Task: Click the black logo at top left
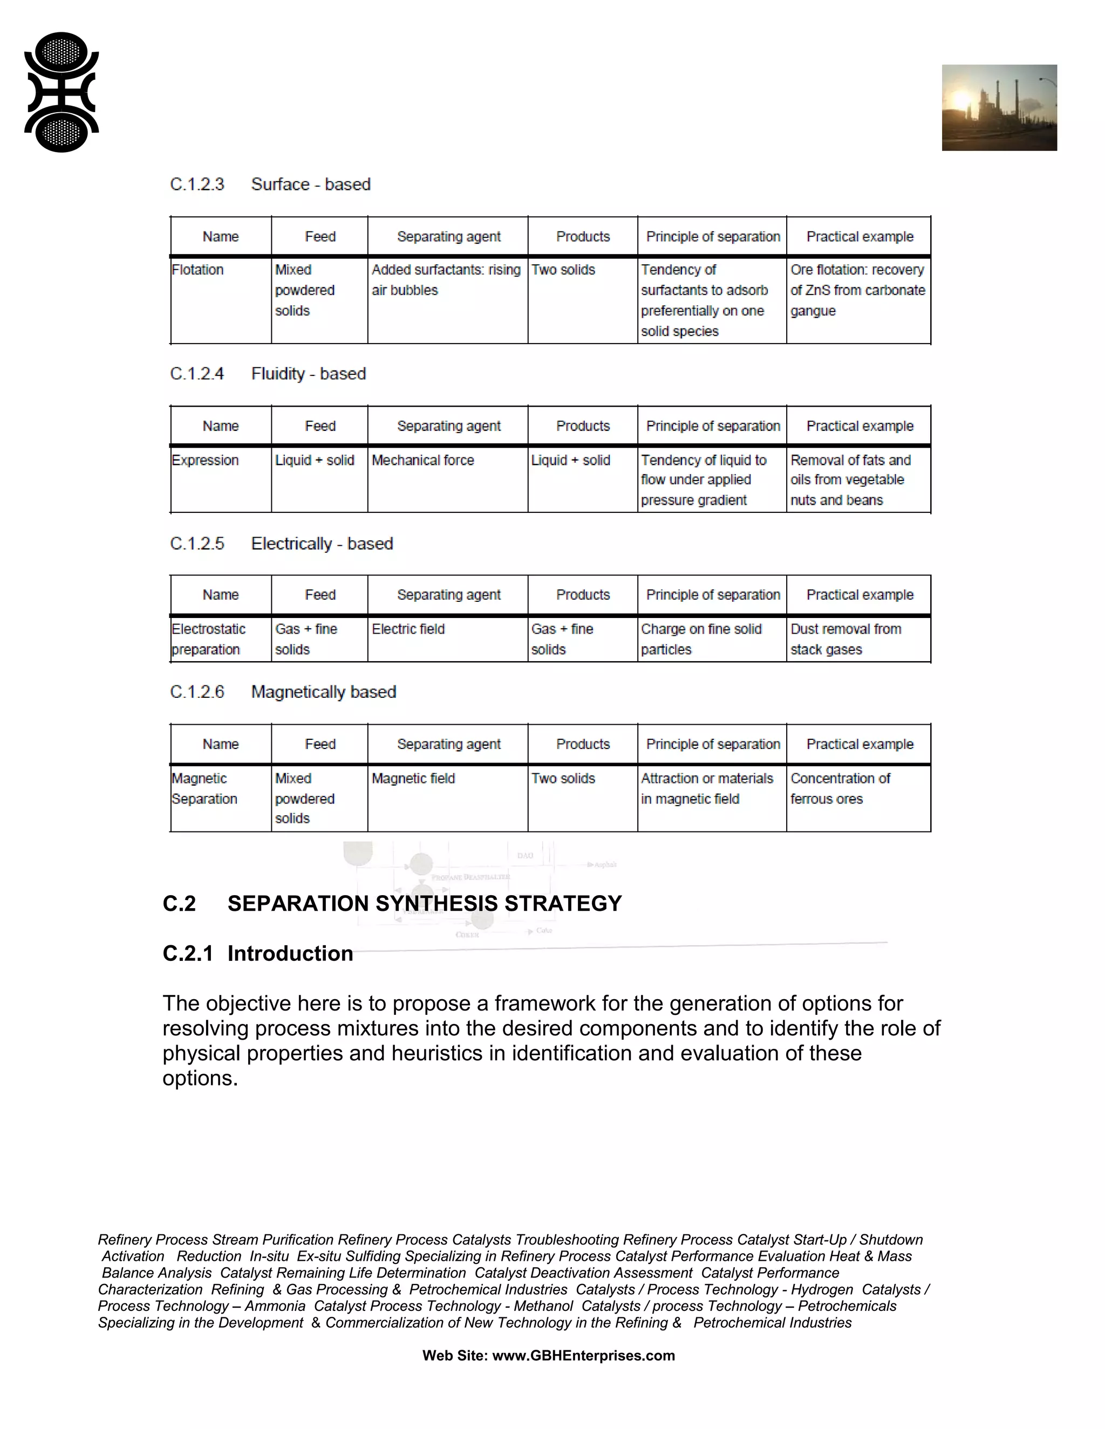click(x=62, y=92)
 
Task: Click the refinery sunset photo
click(x=999, y=108)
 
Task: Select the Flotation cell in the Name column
click(x=197, y=270)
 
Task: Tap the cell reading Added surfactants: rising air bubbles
click(x=446, y=280)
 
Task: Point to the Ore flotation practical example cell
click(x=857, y=290)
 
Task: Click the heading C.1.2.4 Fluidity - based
click(x=268, y=374)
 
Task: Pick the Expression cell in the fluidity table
click(x=206, y=461)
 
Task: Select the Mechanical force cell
click(x=423, y=461)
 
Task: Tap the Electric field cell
click(x=408, y=629)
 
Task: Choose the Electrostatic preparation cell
click(x=208, y=639)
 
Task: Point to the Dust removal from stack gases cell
click(x=846, y=639)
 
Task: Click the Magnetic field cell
click(x=413, y=779)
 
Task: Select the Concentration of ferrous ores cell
click(x=841, y=788)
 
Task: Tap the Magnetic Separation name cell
click(x=204, y=788)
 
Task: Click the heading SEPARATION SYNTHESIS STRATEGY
click(x=424, y=904)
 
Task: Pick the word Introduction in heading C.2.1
click(x=290, y=953)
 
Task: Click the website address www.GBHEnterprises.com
click(x=583, y=1356)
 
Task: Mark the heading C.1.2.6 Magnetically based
click(x=283, y=692)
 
